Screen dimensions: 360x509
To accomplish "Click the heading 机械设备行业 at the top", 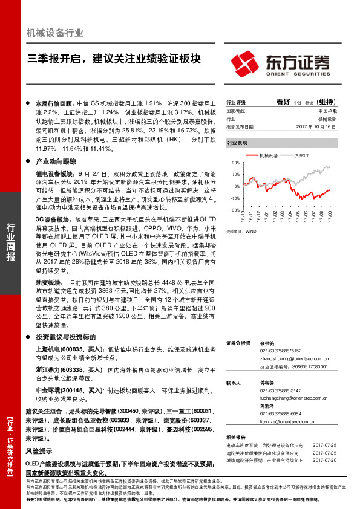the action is pos(55,33).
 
